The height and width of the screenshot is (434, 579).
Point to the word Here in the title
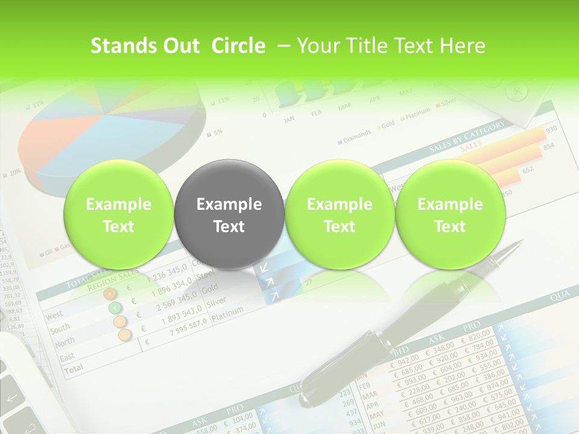pos(462,46)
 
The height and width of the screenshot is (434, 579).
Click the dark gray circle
pos(229,215)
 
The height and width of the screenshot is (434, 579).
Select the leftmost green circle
pos(119,215)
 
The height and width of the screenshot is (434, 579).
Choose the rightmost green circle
pos(450,215)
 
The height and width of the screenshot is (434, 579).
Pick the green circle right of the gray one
pos(340,215)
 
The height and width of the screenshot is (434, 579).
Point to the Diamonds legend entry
pos(356,136)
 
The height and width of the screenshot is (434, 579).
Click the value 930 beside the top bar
pos(551,130)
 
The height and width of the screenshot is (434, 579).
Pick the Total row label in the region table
pos(74,368)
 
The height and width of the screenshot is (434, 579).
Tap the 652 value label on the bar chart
pos(528,170)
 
